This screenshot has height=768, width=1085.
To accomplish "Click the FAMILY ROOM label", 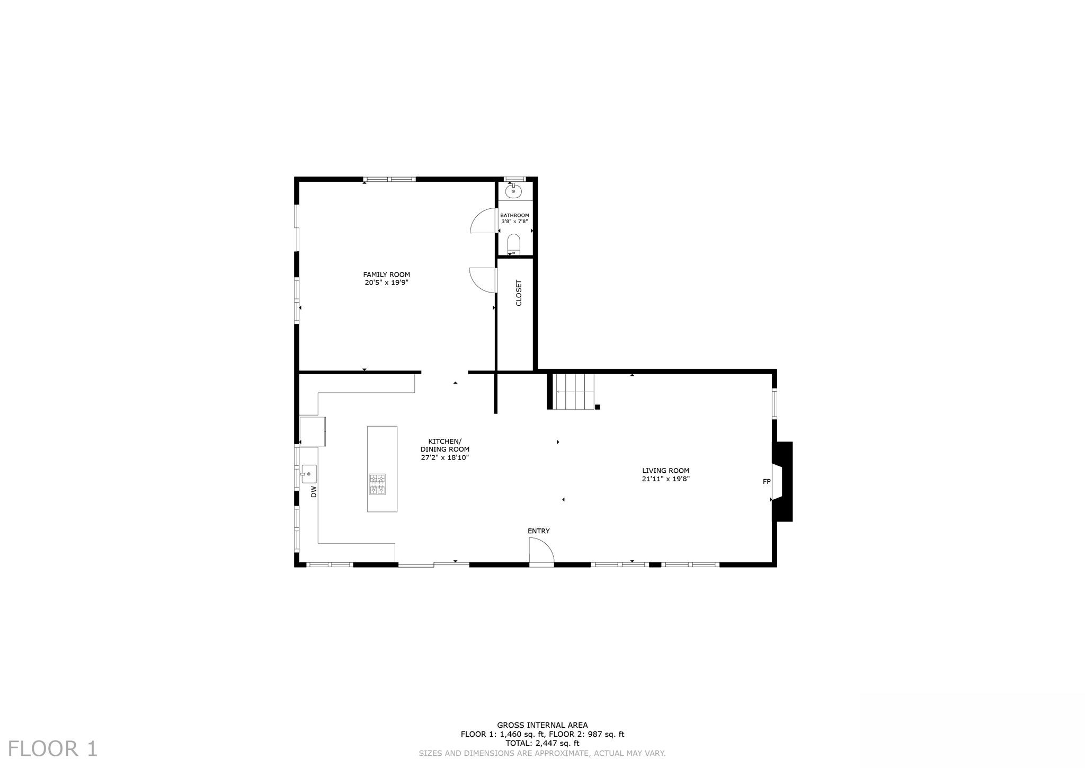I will (x=386, y=275).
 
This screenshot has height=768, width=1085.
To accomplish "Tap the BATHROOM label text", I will (x=514, y=215).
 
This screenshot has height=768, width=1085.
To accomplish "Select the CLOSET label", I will (x=519, y=293).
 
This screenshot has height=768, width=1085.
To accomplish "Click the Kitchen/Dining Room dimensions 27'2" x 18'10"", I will (x=444, y=457).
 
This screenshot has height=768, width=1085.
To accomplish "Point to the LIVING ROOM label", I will (x=665, y=470).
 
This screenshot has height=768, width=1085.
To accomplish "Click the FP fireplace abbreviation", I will (x=766, y=481).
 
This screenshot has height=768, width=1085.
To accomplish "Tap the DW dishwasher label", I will (x=314, y=491).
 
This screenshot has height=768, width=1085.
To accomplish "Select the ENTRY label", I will (x=538, y=531).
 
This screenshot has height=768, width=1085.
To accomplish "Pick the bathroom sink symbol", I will (x=513, y=191).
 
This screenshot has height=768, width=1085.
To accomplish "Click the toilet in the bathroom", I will (x=513, y=244).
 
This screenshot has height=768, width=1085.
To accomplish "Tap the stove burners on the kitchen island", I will (x=377, y=484).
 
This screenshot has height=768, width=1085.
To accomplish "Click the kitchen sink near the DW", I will (x=309, y=473).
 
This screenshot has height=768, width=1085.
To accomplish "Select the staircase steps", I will (x=574, y=391).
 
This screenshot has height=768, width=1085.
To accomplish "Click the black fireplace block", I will (x=785, y=481).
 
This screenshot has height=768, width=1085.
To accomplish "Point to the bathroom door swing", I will (x=482, y=222).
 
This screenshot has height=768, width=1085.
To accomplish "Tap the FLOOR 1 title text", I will (x=52, y=748).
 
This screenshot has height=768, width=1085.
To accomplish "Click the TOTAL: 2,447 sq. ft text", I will (x=542, y=743).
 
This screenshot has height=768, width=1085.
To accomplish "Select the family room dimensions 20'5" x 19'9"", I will (x=386, y=283).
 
